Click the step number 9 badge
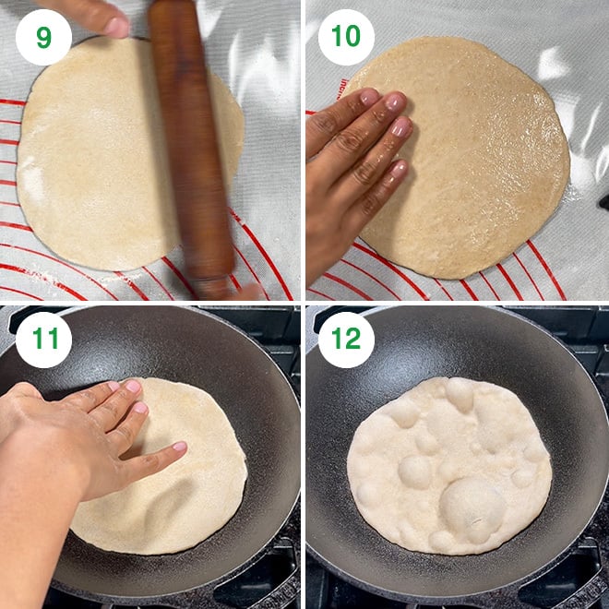pyautogui.click(x=43, y=38)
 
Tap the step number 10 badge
pyautogui.click(x=346, y=38)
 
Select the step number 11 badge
pyautogui.click(x=43, y=340)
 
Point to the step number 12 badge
pyautogui.click(x=346, y=340)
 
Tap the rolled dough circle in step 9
pyautogui.click(x=92, y=157)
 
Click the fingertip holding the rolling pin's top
pyautogui.click(x=114, y=26)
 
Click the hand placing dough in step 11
pyautogui.click(x=83, y=434)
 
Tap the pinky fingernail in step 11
pyautogui.click(x=178, y=448)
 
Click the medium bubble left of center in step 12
pyautogui.click(x=414, y=472)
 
